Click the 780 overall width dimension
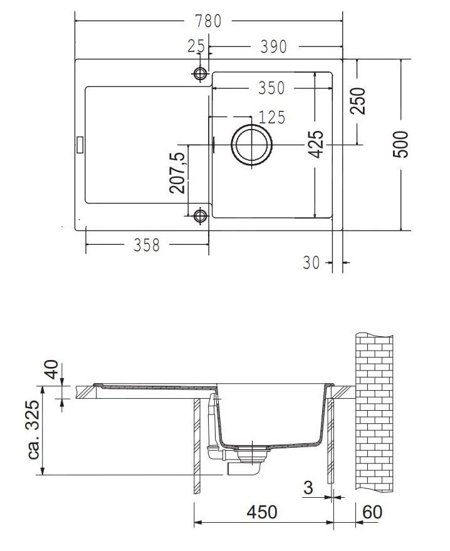pos(207,21)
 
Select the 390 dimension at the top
pos(273,46)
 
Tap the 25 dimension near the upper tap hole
pos(196,46)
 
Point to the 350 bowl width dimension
pos(271,88)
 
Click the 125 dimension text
pos(271,117)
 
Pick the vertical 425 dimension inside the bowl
pos(317,144)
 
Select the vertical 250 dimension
pos(357,100)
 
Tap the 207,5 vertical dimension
pos(177,172)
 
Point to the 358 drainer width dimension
pos(147,245)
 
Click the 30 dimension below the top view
pos(311,264)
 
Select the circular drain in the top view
pos(252,145)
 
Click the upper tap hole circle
pos(201,74)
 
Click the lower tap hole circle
pos(201,217)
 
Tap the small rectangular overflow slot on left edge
pos(79,144)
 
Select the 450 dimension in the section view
pos(261,512)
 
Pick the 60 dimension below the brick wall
pos(372,512)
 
